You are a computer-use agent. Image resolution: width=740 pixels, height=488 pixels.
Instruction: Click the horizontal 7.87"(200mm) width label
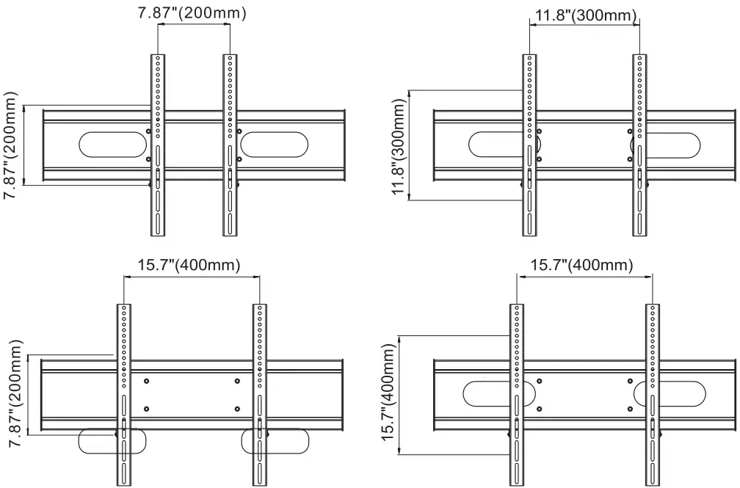coord(193,13)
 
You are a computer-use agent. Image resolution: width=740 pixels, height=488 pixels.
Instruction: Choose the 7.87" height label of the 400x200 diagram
coord(13,393)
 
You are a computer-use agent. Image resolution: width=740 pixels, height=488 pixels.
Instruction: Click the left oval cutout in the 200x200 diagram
coord(112,144)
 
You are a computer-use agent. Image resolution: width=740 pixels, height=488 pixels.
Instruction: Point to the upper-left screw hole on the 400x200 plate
coord(147,381)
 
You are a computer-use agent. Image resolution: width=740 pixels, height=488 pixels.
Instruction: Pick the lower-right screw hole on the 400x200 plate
coord(237,409)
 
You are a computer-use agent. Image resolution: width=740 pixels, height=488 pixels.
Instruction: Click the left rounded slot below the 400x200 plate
coord(112,441)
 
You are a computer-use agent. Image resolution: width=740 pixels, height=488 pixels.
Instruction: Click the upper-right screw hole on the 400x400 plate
coord(630,381)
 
